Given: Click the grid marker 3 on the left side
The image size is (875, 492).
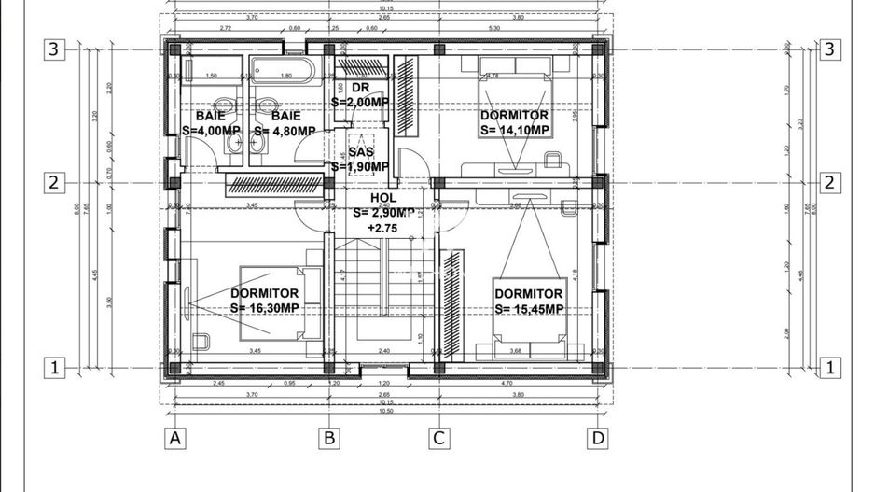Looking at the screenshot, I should pyautogui.click(x=55, y=49).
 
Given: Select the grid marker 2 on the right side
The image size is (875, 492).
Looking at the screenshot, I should pyautogui.click(x=827, y=183).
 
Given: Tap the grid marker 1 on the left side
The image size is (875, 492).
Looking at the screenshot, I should pyautogui.click(x=55, y=369).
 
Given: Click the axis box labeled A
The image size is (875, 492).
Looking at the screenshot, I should pyautogui.click(x=173, y=437).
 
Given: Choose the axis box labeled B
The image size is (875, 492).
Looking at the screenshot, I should pyautogui.click(x=328, y=437).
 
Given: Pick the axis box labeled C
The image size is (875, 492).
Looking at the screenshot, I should pyautogui.click(x=438, y=437).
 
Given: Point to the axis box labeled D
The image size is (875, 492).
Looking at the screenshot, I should pyautogui.click(x=597, y=437).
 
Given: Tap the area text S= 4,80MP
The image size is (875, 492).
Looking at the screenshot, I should pyautogui.click(x=285, y=131).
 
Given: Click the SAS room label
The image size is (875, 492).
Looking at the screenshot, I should pyautogui.click(x=361, y=151).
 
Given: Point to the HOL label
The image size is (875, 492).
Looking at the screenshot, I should pyautogui.click(x=382, y=198).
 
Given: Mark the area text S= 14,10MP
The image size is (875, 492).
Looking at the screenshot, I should pyautogui.click(x=514, y=131).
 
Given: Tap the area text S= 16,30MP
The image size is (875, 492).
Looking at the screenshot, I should pyautogui.click(x=265, y=308).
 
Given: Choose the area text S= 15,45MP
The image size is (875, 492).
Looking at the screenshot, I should pyautogui.click(x=529, y=309).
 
